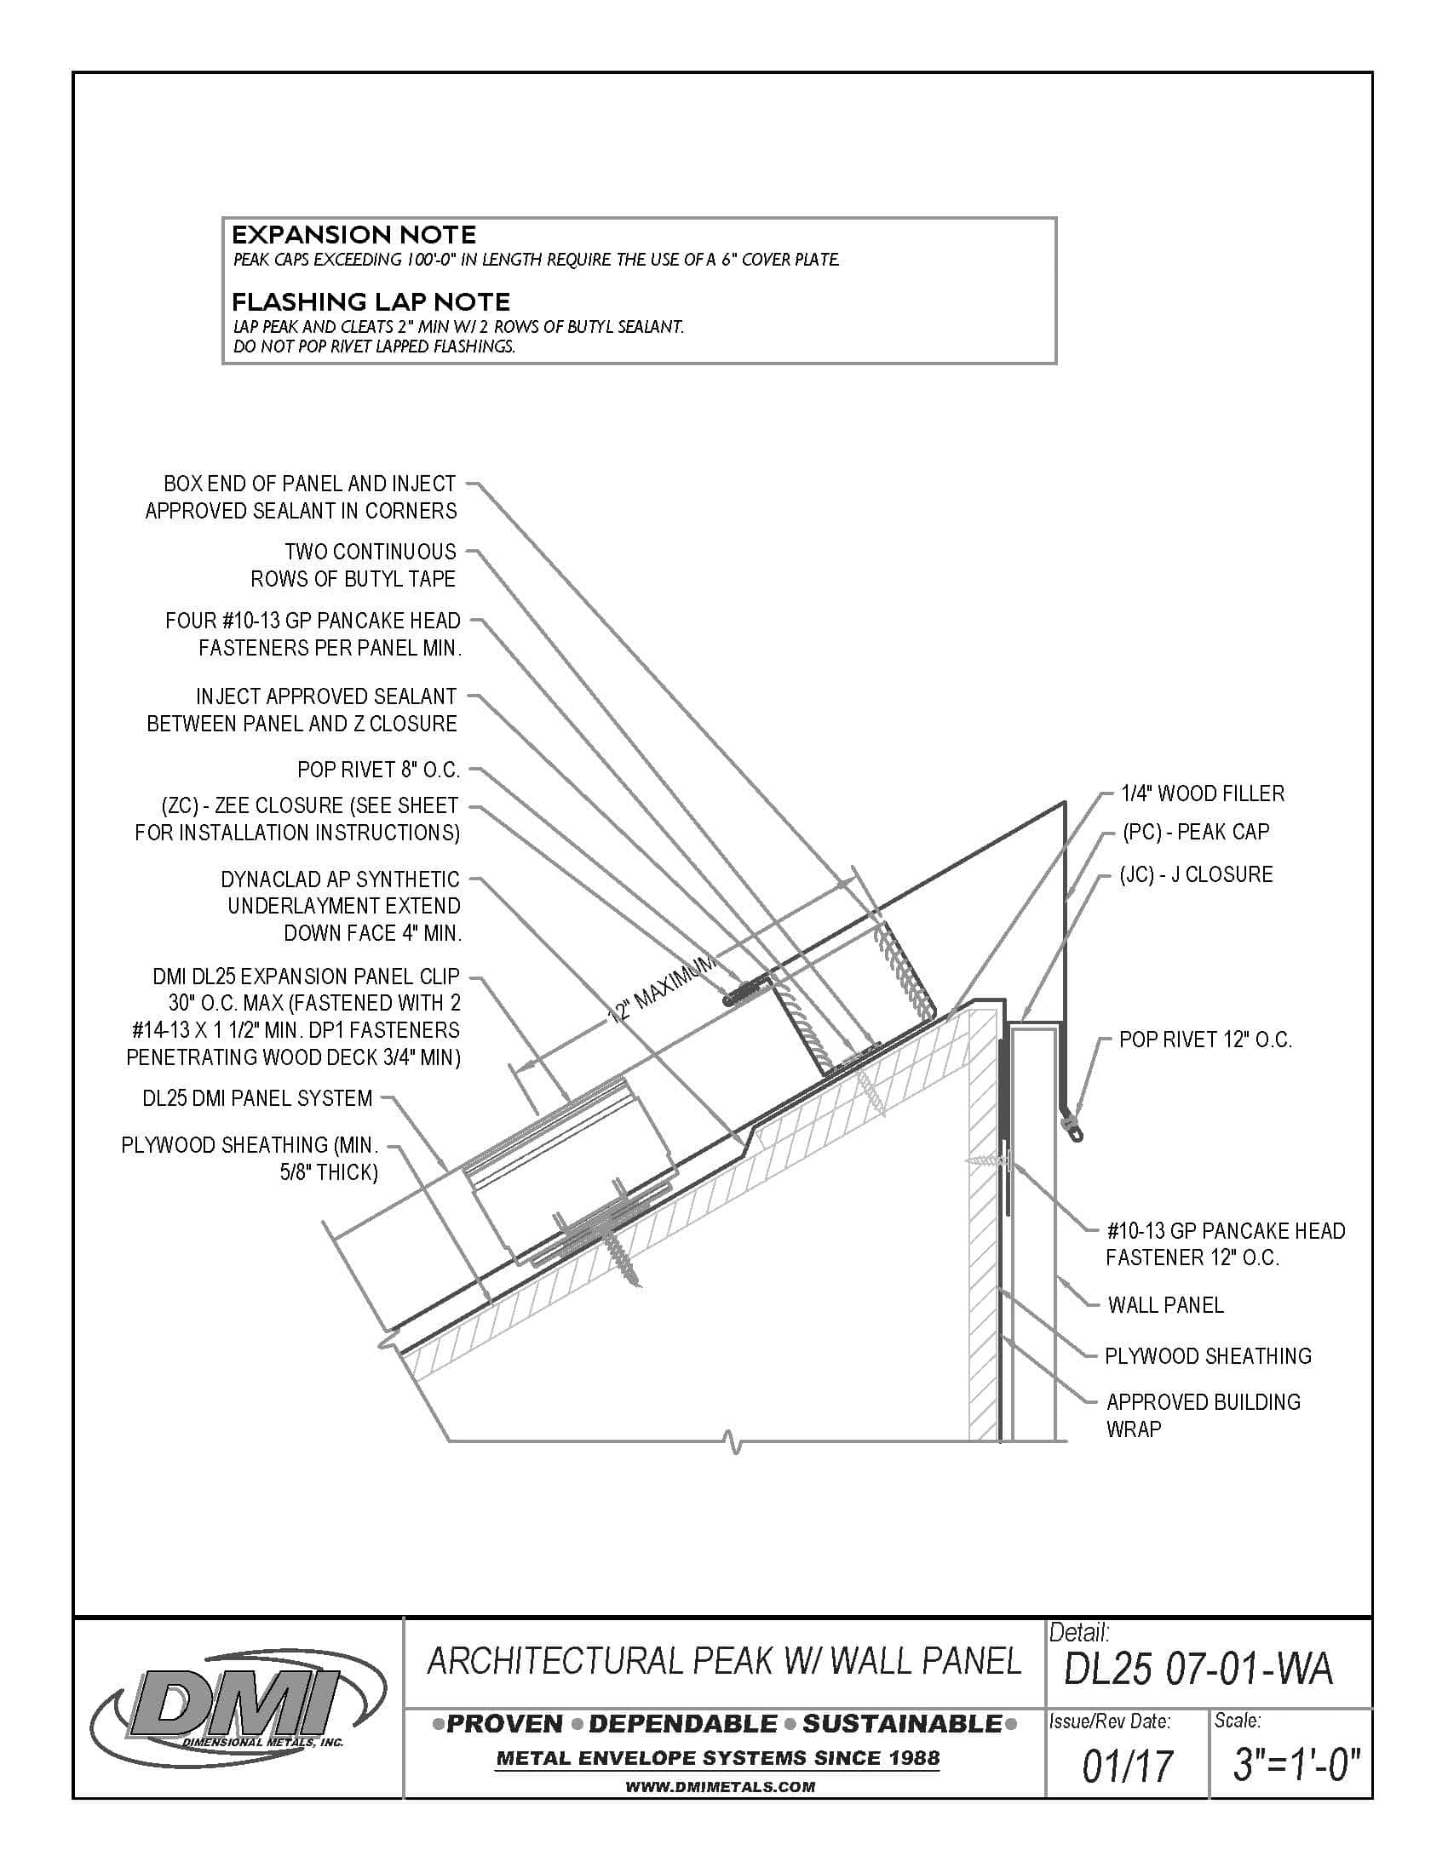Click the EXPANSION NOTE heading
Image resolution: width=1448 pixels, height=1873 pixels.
tap(353, 235)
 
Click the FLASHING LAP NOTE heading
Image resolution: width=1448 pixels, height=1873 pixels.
tap(371, 302)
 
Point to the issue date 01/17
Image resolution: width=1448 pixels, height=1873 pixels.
tap(1126, 1766)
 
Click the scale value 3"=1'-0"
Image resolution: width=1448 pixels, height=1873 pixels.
tap(1296, 1766)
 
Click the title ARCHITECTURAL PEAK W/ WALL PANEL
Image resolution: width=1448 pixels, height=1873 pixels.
tap(723, 1661)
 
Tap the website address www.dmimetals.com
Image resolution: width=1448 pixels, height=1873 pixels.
tap(719, 1787)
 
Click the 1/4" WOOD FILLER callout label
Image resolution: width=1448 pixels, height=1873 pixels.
tap(1203, 794)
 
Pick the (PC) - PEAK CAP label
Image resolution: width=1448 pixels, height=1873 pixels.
tap(1195, 832)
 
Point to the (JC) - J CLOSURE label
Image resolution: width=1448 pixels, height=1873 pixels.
tap(1196, 874)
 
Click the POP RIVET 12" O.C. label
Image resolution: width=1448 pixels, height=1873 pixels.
tap(1204, 1040)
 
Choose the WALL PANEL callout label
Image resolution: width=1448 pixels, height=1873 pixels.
tap(1165, 1305)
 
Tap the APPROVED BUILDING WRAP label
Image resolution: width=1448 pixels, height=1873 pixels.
tap(1202, 1415)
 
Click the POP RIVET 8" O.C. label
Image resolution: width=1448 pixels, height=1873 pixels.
tap(378, 770)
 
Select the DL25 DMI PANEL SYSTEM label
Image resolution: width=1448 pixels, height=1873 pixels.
tap(257, 1098)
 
